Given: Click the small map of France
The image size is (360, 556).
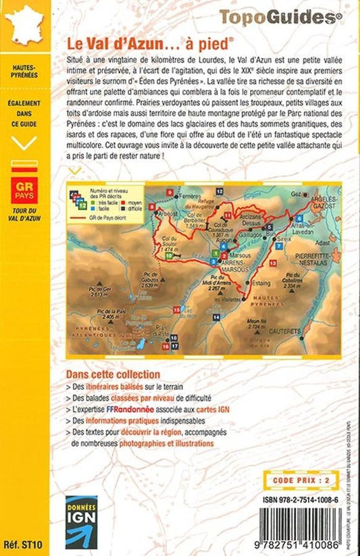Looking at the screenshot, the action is [x=24, y=26].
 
